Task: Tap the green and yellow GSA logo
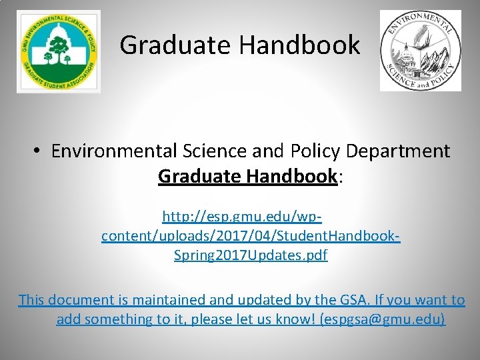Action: [x=58, y=51]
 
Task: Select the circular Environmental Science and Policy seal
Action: [x=420, y=51]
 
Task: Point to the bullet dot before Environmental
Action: [x=38, y=151]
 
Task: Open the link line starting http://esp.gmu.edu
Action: [x=242, y=217]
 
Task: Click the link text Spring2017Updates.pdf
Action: [x=251, y=255]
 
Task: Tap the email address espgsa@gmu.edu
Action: [x=383, y=319]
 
